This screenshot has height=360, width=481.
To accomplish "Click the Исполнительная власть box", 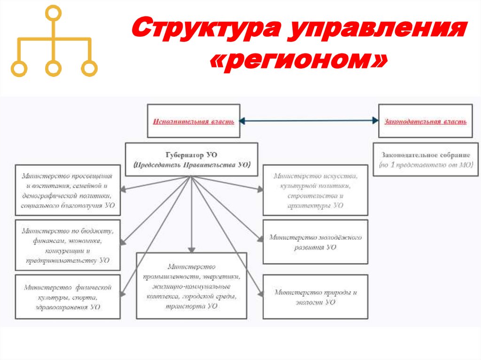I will click(194, 121).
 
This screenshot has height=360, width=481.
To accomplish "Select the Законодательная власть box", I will click(426, 121).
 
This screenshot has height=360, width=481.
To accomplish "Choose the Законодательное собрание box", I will click(426, 160).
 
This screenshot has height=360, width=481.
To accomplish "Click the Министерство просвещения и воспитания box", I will click(67, 190).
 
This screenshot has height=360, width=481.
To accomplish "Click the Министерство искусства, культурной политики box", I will click(315, 190).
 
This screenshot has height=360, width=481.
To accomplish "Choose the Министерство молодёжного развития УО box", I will click(315, 241).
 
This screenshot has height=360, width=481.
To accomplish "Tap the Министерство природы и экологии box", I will click(315, 297).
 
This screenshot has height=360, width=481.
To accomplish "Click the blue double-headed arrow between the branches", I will click(310, 121).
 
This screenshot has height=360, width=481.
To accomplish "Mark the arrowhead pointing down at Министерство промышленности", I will click(191, 249).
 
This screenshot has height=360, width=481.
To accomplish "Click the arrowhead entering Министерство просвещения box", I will click(123, 190).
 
